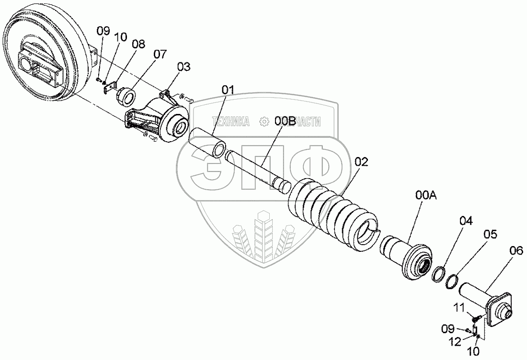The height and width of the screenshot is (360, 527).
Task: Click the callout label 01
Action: coord(228,90)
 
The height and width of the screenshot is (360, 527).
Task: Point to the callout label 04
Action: coord(466,221)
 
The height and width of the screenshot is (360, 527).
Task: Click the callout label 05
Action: coord(490,234)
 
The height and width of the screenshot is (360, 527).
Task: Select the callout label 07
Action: coord(161,53)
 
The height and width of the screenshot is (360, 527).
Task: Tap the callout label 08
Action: coord(138,44)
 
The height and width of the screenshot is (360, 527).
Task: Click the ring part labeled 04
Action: coord(438,275)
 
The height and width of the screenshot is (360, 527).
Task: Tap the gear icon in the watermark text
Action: coord(263,122)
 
